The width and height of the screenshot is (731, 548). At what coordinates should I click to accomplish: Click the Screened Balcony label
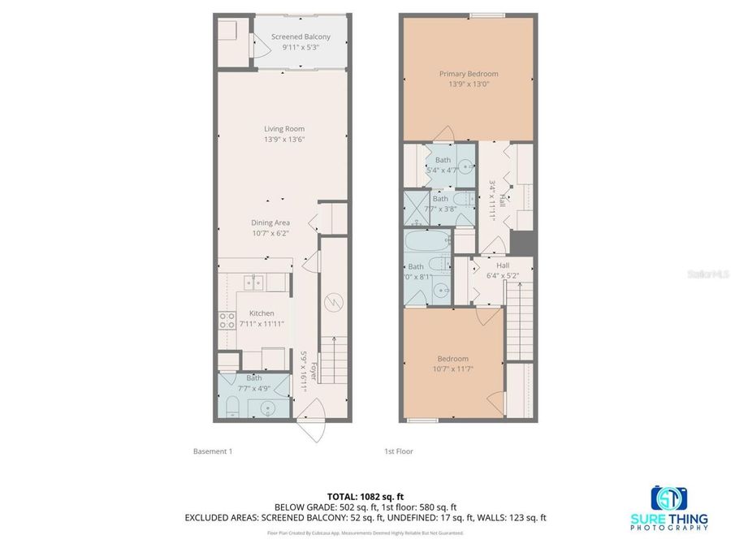301,37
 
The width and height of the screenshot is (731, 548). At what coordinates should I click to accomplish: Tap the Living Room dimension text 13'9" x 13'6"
283,140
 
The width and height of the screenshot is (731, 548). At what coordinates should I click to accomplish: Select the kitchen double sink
255,282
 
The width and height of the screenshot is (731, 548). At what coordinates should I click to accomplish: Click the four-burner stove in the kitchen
226,321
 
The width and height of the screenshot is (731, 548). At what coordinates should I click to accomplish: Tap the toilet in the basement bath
231,406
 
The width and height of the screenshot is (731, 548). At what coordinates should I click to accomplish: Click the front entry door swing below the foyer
314,425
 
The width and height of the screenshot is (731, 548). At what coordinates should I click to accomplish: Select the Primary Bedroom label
469,74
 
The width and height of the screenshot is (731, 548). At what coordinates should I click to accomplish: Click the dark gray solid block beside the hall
524,243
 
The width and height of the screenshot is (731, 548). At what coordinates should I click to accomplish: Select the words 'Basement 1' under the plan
213,451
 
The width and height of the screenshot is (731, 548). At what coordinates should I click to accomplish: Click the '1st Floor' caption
398,451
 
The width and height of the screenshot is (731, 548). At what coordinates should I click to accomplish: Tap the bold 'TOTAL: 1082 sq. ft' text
365,496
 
